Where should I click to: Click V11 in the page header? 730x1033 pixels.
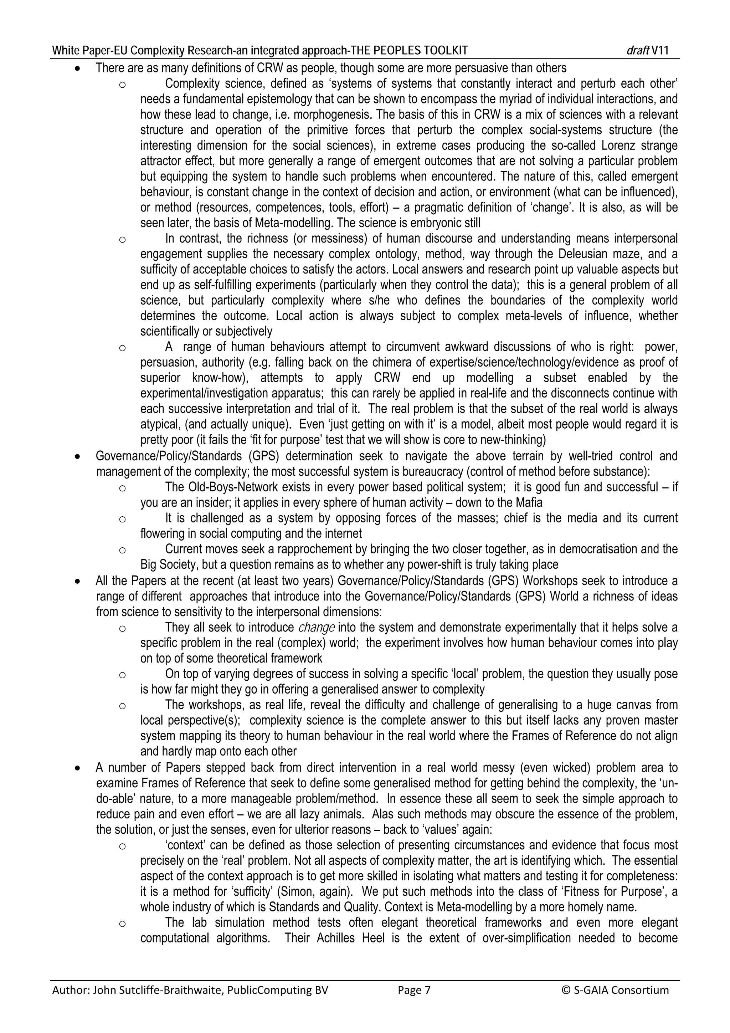[659, 50]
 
